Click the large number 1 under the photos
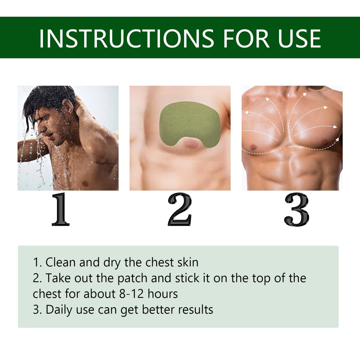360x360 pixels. tap(60, 210)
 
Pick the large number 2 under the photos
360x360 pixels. tap(180, 210)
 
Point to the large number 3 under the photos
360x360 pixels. tap(296, 210)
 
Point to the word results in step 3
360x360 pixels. tap(195, 310)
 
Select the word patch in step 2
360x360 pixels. tap(133, 278)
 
